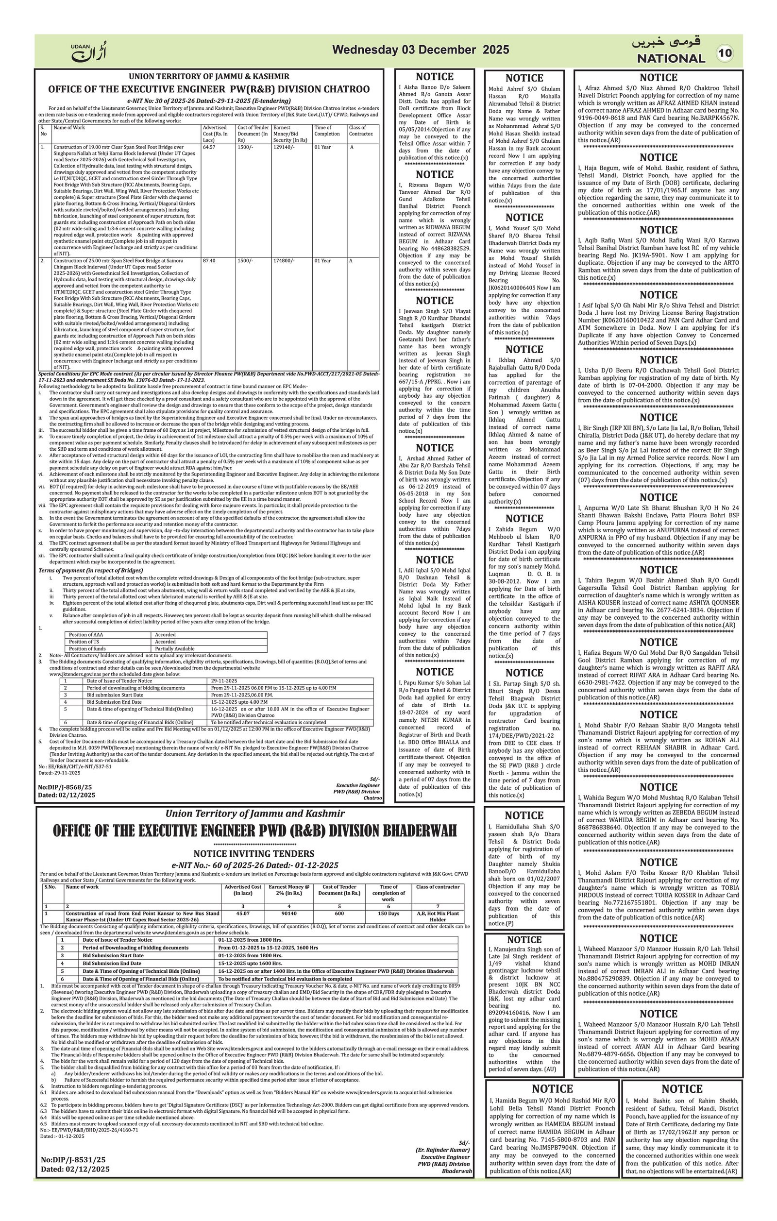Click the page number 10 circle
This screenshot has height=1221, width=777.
coord(724,53)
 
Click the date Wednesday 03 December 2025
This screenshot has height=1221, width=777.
coord(420,50)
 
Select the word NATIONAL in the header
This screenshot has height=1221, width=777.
coord(671,58)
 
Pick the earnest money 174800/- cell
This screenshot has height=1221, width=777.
coord(283,261)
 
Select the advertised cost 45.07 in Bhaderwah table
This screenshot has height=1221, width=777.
coord(243,913)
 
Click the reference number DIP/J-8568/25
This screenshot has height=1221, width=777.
coord(65,787)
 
